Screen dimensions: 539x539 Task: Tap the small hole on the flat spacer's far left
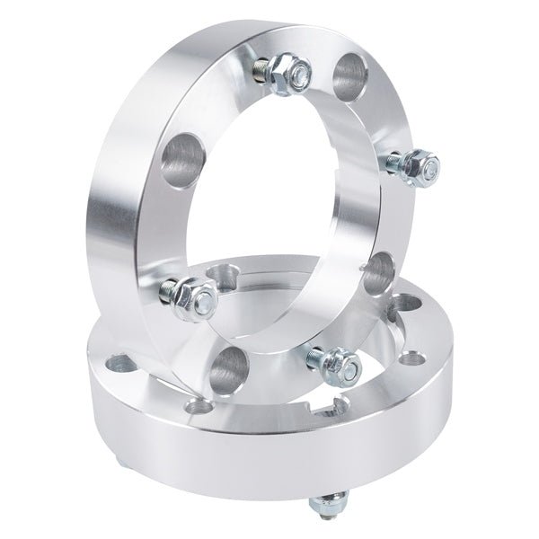point(119,365)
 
